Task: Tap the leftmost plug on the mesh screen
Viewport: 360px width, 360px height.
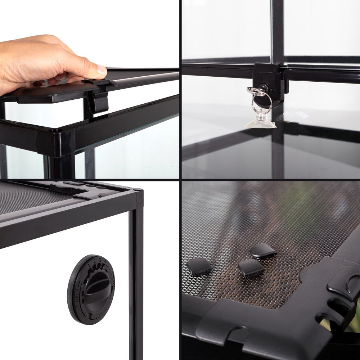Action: [x=199, y=267]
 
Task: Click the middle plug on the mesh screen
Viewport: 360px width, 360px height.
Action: [x=251, y=268]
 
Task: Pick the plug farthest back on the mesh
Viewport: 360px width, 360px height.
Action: [x=263, y=250]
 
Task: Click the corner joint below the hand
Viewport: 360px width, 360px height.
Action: [x=56, y=142]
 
